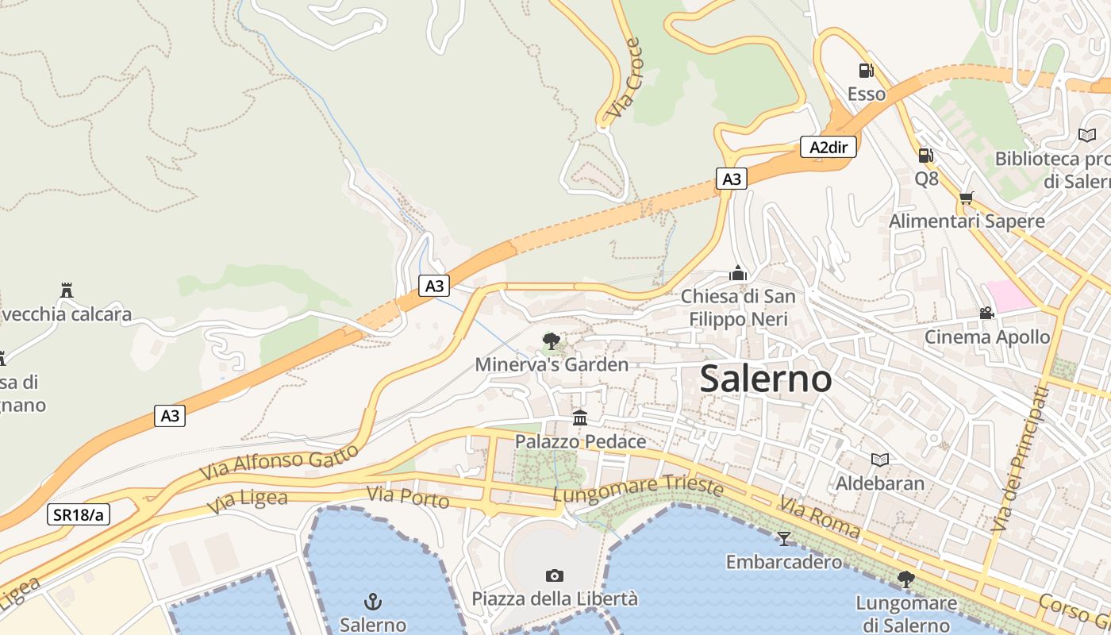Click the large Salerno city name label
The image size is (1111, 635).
pyautogui.click(x=766, y=379)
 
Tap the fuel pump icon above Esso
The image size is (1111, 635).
pyautogui.click(x=866, y=71)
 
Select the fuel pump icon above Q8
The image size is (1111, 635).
pyautogui.click(x=925, y=156)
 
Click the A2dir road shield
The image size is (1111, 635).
pyautogui.click(x=828, y=147)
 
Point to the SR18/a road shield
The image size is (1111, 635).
pyautogui.click(x=79, y=514)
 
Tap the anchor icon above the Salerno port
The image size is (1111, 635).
pyautogui.click(x=372, y=601)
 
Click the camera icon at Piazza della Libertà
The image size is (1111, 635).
pyautogui.click(x=555, y=575)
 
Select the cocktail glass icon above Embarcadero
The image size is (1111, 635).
pyautogui.click(x=784, y=539)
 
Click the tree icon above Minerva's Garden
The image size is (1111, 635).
pyautogui.click(x=551, y=342)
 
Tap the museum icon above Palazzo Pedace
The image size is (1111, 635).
pyautogui.click(x=580, y=418)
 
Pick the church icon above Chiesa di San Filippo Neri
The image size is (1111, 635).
pyautogui.click(x=738, y=274)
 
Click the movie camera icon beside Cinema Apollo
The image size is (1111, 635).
pyautogui.click(x=986, y=314)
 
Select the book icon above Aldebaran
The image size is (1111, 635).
pyautogui.click(x=879, y=460)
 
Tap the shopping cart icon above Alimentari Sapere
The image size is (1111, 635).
pyautogui.click(x=966, y=198)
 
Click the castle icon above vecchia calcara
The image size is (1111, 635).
pyautogui.click(x=67, y=291)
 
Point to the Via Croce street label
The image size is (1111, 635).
pyautogui.click(x=624, y=79)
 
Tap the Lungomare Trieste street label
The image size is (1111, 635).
pyautogui.click(x=639, y=487)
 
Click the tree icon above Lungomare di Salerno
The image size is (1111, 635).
pyautogui.click(x=905, y=579)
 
